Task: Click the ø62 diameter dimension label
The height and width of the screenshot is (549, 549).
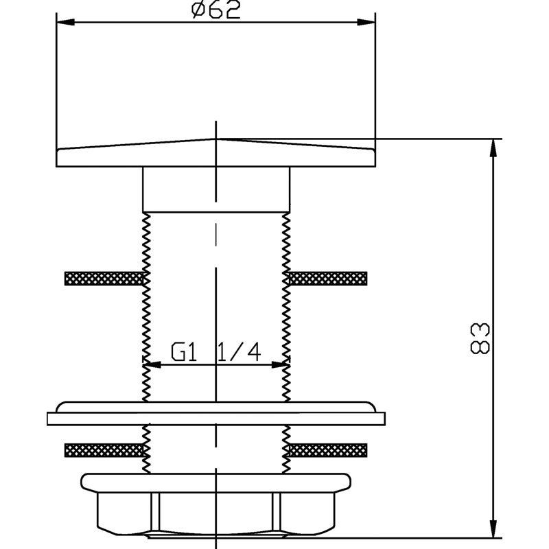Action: tap(216, 10)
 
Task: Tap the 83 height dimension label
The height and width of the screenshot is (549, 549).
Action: tap(480, 338)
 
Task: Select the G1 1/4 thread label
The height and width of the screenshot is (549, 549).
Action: tap(216, 352)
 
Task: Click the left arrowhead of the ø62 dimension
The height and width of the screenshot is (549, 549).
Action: tap(65, 23)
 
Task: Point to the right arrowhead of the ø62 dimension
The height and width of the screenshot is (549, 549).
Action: tap(366, 23)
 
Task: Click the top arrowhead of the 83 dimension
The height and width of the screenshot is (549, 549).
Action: tap(493, 148)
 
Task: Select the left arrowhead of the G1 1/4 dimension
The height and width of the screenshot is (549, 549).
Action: tap(152, 365)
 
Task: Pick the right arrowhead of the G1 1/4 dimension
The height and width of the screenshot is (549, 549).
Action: tap(281, 365)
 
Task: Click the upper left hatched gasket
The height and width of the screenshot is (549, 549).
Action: tap(104, 279)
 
